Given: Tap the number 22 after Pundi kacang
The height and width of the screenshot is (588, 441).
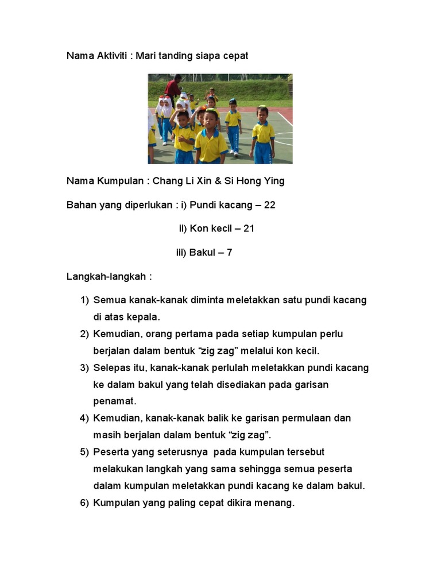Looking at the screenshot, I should coord(269,204).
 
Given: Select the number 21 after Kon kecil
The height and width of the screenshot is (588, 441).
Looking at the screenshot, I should coord(249,229).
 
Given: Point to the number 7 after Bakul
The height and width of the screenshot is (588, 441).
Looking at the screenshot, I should coord(229,252).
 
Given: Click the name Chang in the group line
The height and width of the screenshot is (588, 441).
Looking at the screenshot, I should coord(165,181).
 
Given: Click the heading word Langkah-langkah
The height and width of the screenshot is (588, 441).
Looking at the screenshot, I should coord(107,276).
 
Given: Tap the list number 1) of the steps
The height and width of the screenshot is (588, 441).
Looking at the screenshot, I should coord(84,300).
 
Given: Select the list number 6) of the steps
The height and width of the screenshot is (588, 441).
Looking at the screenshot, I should coord(84,503).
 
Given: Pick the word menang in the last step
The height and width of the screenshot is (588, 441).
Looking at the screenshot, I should coord(275,503).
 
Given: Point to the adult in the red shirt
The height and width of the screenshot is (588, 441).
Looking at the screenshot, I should coord(173,88).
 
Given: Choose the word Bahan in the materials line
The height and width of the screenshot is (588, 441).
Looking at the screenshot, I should coord(80,204).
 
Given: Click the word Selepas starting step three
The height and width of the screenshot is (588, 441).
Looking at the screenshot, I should coord(112,367).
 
